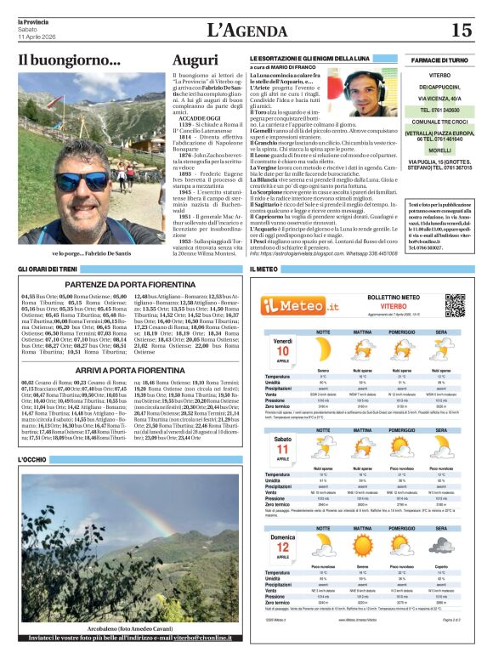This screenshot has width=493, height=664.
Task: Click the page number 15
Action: point(462,31)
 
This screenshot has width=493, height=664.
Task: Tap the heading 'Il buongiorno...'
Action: point(70,60)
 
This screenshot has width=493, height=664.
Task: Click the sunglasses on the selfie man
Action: point(85,180)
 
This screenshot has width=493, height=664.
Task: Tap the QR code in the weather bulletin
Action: point(456,305)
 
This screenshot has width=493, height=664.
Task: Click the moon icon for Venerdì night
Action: point(441,349)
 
